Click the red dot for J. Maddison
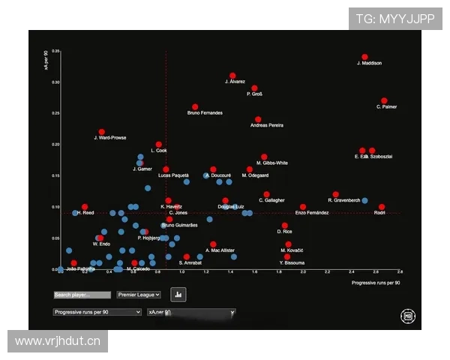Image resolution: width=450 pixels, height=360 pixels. (x=365, y=57)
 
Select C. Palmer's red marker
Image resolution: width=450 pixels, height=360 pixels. (x=384, y=100)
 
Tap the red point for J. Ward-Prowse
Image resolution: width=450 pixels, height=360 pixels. (x=102, y=132)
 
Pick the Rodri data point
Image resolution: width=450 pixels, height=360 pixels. (x=382, y=207)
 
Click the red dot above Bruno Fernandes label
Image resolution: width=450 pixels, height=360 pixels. (x=195, y=107)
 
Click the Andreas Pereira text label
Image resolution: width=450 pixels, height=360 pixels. (x=267, y=125)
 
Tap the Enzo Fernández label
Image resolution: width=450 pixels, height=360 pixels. (x=311, y=214)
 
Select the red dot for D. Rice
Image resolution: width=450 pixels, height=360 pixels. (x=285, y=226)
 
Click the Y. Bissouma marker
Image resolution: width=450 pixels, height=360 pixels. (x=287, y=256)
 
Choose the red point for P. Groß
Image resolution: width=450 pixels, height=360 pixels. (x=254, y=88)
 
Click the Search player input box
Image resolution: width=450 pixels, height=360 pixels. (x=82, y=295)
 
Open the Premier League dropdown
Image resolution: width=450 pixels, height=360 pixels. (x=139, y=295)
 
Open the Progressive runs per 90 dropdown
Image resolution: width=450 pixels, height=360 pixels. (x=97, y=311)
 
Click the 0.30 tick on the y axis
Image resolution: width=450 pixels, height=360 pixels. (x=55, y=82)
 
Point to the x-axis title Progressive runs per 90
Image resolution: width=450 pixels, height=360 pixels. (x=376, y=283)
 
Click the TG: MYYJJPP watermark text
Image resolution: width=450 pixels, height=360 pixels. (x=395, y=19)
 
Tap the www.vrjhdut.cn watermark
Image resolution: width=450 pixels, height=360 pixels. (x=57, y=341)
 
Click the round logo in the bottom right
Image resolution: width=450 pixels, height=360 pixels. (x=408, y=316)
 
